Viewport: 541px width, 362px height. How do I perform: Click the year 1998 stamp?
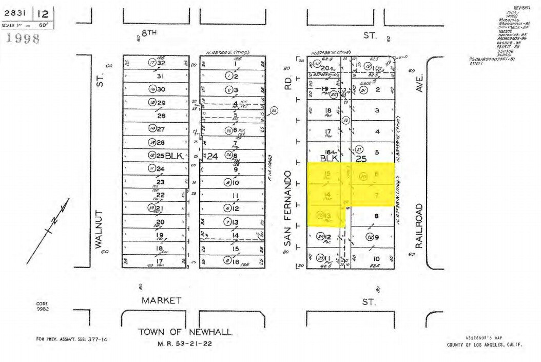[22, 39]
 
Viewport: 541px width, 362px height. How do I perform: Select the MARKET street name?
[161, 300]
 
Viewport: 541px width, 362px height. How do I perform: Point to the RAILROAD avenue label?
[419, 226]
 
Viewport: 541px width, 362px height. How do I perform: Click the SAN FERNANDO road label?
[287, 208]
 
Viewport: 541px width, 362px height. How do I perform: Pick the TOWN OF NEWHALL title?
[185, 332]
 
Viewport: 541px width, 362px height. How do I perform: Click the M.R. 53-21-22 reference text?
[184, 344]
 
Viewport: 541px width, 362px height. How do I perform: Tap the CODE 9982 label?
[42, 306]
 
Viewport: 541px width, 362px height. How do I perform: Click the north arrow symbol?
[50, 228]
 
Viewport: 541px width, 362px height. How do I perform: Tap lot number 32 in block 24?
[161, 63]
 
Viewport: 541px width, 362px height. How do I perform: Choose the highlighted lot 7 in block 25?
[376, 196]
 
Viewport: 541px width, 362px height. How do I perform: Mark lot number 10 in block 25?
[376, 258]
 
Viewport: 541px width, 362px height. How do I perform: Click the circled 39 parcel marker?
[151, 208]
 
